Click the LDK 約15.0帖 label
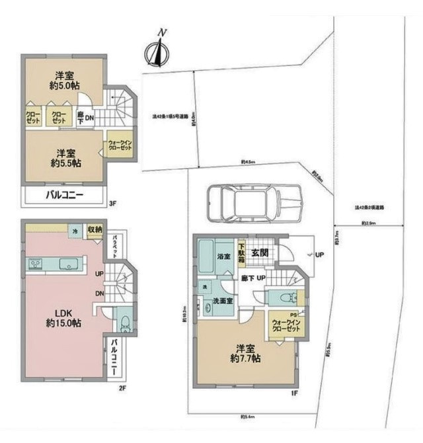click(x=59, y=317)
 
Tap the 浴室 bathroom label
click(x=223, y=256)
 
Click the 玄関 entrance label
click(x=260, y=252)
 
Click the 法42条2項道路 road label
click(x=369, y=207)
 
